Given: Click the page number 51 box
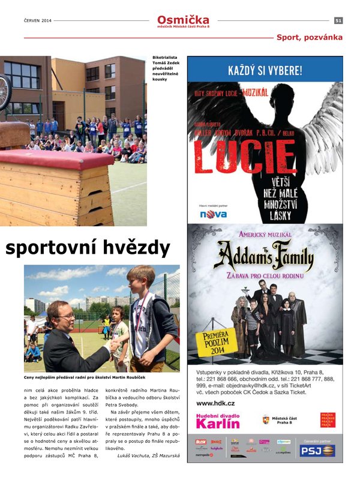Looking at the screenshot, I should [338, 20].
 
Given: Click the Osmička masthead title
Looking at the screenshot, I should [183, 20].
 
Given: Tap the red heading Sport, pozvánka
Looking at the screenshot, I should [309, 37].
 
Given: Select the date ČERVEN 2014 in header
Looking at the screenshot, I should [38, 20].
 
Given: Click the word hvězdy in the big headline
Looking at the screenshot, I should [134, 248].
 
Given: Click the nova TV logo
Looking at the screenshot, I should [213, 214].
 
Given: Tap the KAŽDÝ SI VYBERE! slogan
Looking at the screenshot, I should [265, 71].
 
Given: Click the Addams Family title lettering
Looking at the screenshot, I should [264, 258].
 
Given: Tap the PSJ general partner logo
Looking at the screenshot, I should [317, 449].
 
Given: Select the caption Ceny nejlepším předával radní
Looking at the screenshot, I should [85, 377].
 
